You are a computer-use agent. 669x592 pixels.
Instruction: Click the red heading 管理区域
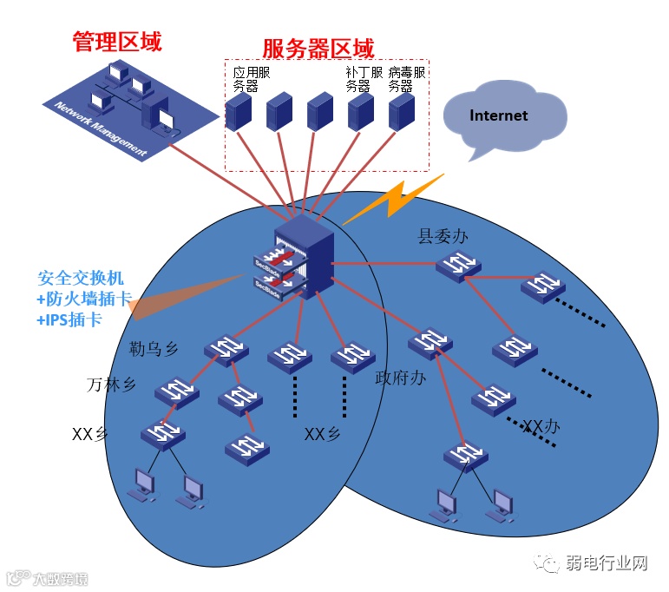117,41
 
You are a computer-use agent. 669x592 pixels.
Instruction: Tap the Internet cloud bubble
499,116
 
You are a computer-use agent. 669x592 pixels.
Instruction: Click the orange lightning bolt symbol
405,194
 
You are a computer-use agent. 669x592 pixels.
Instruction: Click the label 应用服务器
252,78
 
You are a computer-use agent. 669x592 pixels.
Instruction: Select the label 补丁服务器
364,78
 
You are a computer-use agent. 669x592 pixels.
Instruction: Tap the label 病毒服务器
406,78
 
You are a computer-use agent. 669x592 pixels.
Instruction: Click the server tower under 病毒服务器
401,112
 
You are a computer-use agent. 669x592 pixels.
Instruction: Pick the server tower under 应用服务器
238,110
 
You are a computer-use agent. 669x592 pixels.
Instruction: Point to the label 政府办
400,378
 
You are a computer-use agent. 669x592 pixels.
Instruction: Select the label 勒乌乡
153,349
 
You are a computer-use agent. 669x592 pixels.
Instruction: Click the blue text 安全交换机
81,279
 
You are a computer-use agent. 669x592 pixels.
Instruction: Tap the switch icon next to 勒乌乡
226,349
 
